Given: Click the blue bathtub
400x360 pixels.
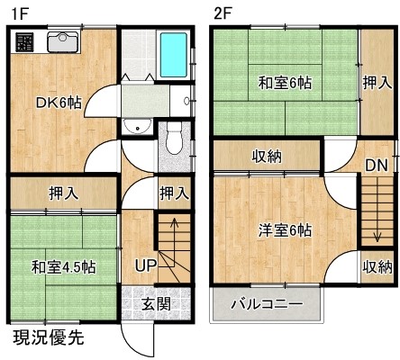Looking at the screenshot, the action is click(x=174, y=55).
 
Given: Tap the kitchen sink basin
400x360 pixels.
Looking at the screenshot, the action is click(x=63, y=41).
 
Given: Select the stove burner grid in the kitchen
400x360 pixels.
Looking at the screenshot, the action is click(x=25, y=41).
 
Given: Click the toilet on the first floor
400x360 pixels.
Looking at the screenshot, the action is click(x=174, y=138).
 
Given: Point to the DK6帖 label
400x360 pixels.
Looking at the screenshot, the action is click(x=59, y=103).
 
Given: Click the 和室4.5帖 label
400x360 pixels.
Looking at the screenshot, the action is click(x=64, y=266).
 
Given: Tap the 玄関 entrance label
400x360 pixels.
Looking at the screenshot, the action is click(x=156, y=303).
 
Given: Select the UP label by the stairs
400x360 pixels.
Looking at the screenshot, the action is click(x=145, y=265).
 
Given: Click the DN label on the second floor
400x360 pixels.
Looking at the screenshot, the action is click(x=377, y=165).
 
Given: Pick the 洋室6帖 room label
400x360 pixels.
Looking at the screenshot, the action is click(x=285, y=230).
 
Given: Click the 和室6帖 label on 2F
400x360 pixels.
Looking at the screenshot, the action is click(x=285, y=83).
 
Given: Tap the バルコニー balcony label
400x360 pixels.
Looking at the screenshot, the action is click(x=267, y=304).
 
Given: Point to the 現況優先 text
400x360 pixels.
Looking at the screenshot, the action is click(x=49, y=337).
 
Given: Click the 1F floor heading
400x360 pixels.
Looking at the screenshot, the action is click(x=20, y=14).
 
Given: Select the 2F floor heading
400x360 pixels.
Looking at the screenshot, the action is click(x=222, y=13).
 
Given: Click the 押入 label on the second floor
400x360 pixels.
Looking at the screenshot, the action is click(x=377, y=83).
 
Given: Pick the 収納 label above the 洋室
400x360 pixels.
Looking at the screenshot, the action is click(x=267, y=157).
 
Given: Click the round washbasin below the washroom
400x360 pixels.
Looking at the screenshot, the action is click(x=138, y=126).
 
